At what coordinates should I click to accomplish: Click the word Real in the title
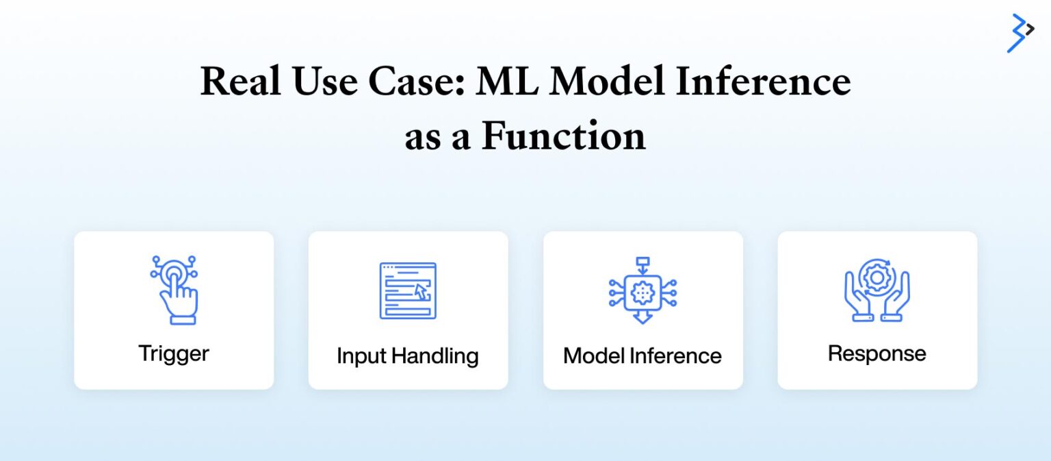[241, 83]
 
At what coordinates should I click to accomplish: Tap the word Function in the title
[563, 136]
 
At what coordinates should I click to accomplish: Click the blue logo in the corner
[1020, 32]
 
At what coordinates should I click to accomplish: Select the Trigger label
[174, 353]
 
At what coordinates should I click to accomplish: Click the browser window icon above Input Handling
[408, 290]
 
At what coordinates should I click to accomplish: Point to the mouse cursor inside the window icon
[422, 292]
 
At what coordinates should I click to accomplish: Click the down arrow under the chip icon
[643, 317]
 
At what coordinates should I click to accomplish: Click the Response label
[877, 353]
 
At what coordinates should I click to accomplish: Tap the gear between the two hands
[877, 277]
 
